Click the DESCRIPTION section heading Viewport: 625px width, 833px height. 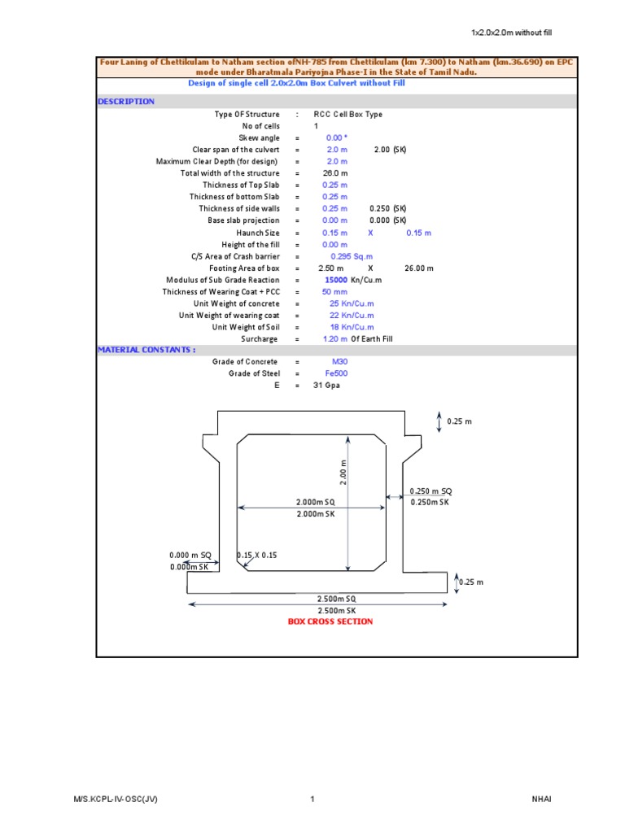(126, 102)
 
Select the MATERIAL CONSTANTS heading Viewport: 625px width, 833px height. (146, 350)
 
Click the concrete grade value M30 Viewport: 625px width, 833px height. (339, 361)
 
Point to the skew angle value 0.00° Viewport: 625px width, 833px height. (337, 138)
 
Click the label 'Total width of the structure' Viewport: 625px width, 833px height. (229, 173)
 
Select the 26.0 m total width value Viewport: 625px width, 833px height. (335, 173)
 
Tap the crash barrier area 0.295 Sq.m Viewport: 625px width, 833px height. (347, 256)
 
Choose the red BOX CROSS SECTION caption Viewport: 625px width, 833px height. (330, 621)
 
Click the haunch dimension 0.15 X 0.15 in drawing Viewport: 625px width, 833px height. (257, 555)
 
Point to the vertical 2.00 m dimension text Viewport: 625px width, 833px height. (343, 472)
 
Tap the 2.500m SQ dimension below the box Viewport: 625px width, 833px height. (337, 599)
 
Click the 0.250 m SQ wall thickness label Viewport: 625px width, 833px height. (431, 491)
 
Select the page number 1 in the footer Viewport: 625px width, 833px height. (312, 800)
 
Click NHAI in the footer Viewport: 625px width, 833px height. (541, 800)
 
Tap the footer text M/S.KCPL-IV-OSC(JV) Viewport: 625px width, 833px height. (116, 800)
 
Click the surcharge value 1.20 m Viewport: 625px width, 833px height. (336, 338)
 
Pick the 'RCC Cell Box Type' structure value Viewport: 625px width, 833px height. (347, 115)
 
